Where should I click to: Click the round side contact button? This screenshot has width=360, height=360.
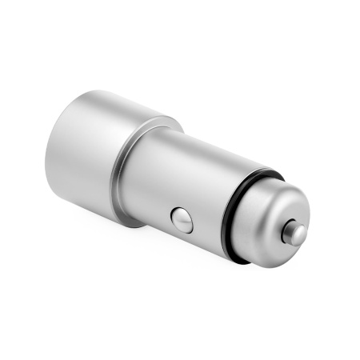(182, 219)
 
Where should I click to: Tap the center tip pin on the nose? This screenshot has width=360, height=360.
(295, 234)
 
